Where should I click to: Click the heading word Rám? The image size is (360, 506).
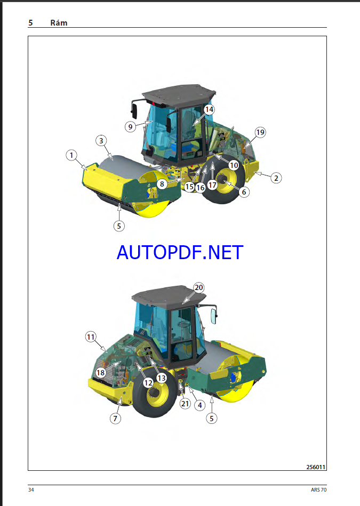[x=59, y=23]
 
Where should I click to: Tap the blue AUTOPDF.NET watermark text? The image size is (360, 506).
[x=180, y=252]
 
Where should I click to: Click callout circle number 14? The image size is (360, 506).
[x=209, y=109]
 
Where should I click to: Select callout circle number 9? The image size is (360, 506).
[x=130, y=126]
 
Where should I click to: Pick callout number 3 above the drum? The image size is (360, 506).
[x=101, y=141]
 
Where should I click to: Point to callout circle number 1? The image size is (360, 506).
[x=71, y=155]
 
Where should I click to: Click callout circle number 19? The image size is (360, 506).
[x=260, y=132]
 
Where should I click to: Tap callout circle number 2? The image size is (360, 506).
[x=276, y=178]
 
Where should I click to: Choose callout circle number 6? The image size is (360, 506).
[x=244, y=192]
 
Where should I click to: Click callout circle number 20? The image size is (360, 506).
[x=199, y=287]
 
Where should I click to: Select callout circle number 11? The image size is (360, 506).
[x=91, y=337]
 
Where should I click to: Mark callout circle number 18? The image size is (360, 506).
[x=101, y=373]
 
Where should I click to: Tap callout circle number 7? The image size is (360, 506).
[x=115, y=419]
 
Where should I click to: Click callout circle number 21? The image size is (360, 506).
[x=185, y=404]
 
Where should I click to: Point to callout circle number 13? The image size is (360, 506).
[x=162, y=378]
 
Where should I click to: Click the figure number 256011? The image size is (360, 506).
[x=316, y=467]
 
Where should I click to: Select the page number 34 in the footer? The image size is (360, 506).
[x=31, y=489]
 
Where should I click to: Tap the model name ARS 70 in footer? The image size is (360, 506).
[x=319, y=489]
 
